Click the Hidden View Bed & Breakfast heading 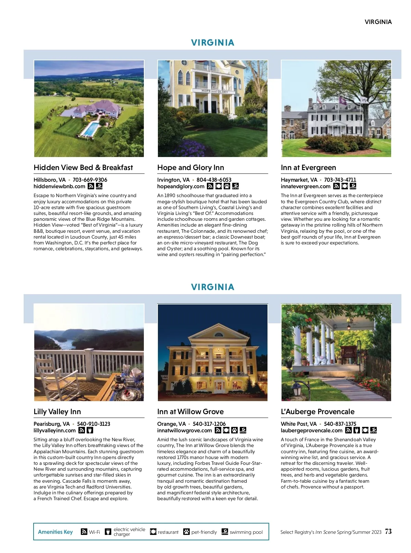pyautogui.click(x=83, y=168)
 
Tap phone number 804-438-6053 pyautogui.click(x=214, y=180)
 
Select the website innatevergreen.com pyautogui.click(x=306, y=187)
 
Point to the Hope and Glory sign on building pyautogui.click(x=215, y=91)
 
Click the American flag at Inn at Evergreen pyautogui.click(x=319, y=100)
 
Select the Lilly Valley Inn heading pyautogui.click(x=57, y=412)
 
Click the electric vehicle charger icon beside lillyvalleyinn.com pyautogui.click(x=90, y=430)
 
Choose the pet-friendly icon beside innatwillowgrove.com pyautogui.click(x=235, y=430)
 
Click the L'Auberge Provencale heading pyautogui.click(x=317, y=412)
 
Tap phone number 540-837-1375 pyautogui.click(x=340, y=424)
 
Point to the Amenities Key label pyautogui.click(x=55, y=532)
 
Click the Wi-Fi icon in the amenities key pyautogui.click(x=84, y=532)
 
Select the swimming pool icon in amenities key pyautogui.click(x=225, y=532)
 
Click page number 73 pyautogui.click(x=388, y=531)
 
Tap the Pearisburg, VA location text pyautogui.click(x=51, y=424)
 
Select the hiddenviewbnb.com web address pyautogui.click(x=59, y=187)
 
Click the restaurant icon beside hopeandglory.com pyautogui.click(x=218, y=186)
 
